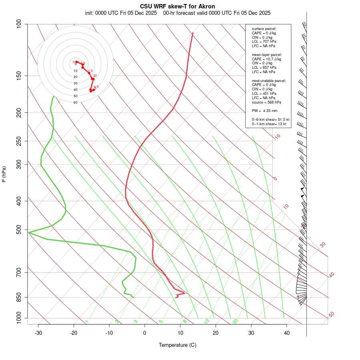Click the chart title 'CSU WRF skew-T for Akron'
(177, 6)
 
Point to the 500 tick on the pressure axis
(19, 230)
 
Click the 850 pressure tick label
(19, 297)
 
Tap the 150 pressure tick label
(19, 76)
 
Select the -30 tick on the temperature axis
(38, 333)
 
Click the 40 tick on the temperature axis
(287, 333)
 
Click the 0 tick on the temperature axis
(145, 333)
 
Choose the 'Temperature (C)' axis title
(177, 345)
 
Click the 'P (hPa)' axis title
(4, 174)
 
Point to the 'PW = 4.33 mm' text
(264, 111)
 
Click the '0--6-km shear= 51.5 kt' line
(270, 120)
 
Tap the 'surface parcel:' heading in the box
(264, 29)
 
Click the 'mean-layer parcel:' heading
(267, 54)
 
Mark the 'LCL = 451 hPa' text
(264, 94)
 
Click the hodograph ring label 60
(75, 102)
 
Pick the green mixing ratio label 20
(235, 321)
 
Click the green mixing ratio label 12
(207, 321)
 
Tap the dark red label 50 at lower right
(331, 315)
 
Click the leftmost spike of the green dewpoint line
(29, 232)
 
